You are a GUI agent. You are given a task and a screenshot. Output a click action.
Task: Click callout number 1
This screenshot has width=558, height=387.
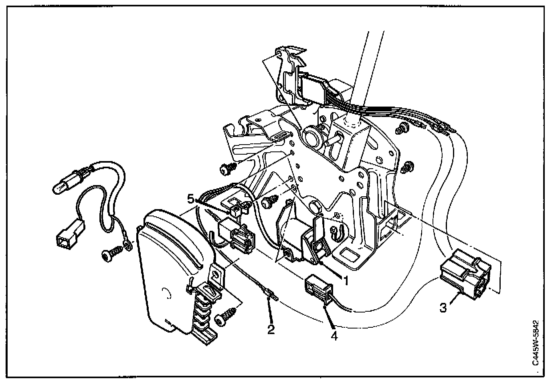tap(346, 281)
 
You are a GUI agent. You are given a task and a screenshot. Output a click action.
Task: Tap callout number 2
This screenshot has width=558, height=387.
tap(271, 329)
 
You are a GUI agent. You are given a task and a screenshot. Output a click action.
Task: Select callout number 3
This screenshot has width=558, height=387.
tap(443, 308)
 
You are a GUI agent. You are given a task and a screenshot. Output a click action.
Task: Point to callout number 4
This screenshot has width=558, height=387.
tap(334, 335)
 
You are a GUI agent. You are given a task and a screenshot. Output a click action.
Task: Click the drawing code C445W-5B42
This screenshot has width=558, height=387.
tap(535, 343)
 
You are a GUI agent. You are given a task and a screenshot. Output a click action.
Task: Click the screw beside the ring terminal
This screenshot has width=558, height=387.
tap(112, 254)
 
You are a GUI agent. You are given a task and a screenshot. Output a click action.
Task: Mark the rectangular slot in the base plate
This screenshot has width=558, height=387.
tap(350, 254)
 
